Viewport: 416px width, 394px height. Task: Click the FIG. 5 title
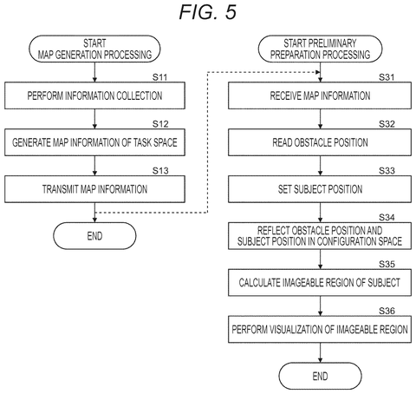[x=208, y=12]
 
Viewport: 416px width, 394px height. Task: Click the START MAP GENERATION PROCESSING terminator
[x=94, y=49]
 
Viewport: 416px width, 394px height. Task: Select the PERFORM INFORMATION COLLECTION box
[x=94, y=95]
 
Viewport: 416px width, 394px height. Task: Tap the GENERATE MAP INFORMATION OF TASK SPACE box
[x=94, y=142]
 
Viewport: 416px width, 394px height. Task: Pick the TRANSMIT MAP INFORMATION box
[x=94, y=189]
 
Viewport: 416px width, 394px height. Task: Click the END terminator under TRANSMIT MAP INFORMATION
[x=94, y=236]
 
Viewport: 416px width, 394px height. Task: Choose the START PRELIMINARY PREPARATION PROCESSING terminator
[x=320, y=49]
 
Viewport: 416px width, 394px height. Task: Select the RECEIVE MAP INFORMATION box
[x=320, y=95]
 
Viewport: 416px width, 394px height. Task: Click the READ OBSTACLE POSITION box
[x=320, y=142]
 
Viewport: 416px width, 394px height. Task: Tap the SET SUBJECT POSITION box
[x=320, y=189]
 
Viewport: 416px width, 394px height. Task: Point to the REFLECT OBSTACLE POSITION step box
[x=320, y=236]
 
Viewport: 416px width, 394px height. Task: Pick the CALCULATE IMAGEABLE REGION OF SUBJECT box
[x=320, y=283]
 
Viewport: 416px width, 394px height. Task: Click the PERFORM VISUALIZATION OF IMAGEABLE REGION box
[x=320, y=329]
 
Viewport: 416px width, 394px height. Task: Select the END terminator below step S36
[x=320, y=376]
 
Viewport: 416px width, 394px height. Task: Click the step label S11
[x=160, y=77]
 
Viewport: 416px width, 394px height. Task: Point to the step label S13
[x=160, y=171]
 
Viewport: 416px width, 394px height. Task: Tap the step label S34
[x=387, y=217]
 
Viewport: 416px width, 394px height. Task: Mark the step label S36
[x=387, y=311]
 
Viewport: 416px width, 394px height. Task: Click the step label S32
[x=387, y=124]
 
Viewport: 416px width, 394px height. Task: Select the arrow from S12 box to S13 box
[x=94, y=166]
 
